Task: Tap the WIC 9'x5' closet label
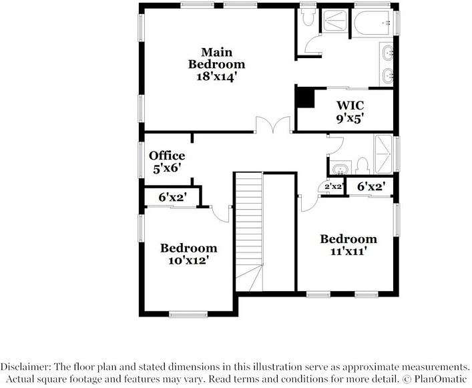point(350,112)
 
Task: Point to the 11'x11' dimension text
point(348,252)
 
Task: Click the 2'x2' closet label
point(334,187)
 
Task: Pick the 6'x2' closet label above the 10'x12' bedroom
point(172,198)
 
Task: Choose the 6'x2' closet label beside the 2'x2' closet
point(371,187)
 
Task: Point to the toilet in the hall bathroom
point(362,164)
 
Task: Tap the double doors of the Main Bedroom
point(272,125)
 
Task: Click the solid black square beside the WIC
point(305,98)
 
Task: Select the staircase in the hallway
point(248,227)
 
